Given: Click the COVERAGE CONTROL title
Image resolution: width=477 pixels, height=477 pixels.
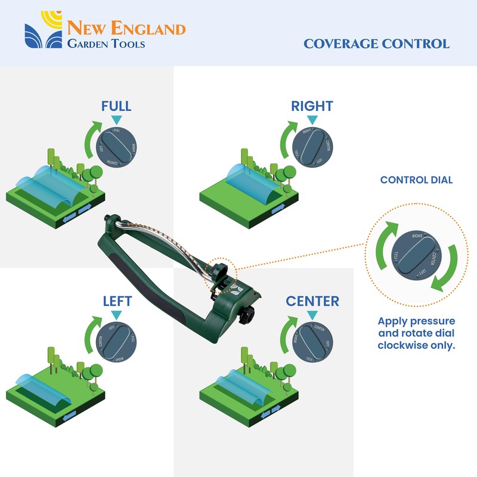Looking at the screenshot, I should [x=376, y=44].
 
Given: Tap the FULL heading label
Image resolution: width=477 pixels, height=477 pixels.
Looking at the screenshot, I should [x=116, y=107].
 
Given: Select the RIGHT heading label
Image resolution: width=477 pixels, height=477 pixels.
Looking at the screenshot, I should [x=312, y=107].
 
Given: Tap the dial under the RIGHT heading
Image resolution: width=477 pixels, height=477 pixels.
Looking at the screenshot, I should [x=312, y=145].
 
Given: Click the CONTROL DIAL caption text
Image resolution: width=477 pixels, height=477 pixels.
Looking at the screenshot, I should [x=416, y=179].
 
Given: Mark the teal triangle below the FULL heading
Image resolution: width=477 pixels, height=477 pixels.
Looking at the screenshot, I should [x=116, y=120].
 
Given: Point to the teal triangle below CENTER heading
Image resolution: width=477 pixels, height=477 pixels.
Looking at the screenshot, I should [x=312, y=314].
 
